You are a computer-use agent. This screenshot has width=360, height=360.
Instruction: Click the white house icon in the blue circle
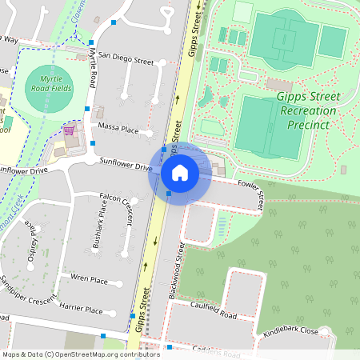click(180, 172)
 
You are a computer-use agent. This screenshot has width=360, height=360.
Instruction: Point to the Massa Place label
click(118, 129)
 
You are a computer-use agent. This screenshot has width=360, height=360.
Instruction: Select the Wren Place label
click(89, 279)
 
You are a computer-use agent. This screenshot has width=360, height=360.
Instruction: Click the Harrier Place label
click(82, 310)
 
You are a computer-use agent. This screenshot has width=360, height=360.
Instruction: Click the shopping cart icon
click(70, 129)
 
